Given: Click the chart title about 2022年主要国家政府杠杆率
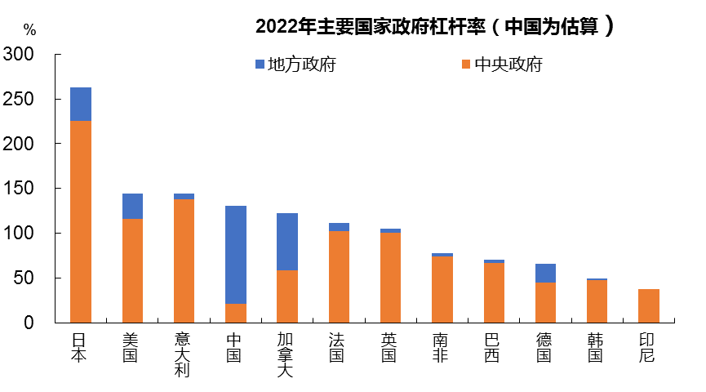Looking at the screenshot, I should (434, 27).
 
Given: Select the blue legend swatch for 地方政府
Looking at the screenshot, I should (260, 64).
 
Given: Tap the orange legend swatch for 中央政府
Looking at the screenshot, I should (466, 64).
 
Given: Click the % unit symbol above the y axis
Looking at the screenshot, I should (29, 30).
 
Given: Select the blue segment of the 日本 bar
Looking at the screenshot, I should (81, 104).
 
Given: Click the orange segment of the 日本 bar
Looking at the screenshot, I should (81, 220).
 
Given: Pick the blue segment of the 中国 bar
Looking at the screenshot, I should (236, 254).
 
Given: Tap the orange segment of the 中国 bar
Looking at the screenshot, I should (236, 313).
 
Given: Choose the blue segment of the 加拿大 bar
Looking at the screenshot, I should (287, 242).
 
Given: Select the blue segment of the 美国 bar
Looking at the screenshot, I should (132, 206).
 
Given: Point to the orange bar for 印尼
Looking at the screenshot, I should (649, 305).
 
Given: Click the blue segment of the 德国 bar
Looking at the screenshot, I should (545, 273).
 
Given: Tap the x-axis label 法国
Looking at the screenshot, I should (339, 346).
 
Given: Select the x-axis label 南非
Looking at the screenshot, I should (442, 346).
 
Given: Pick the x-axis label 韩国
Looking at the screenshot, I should (597, 346).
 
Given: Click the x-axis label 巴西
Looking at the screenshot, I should (494, 346).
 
